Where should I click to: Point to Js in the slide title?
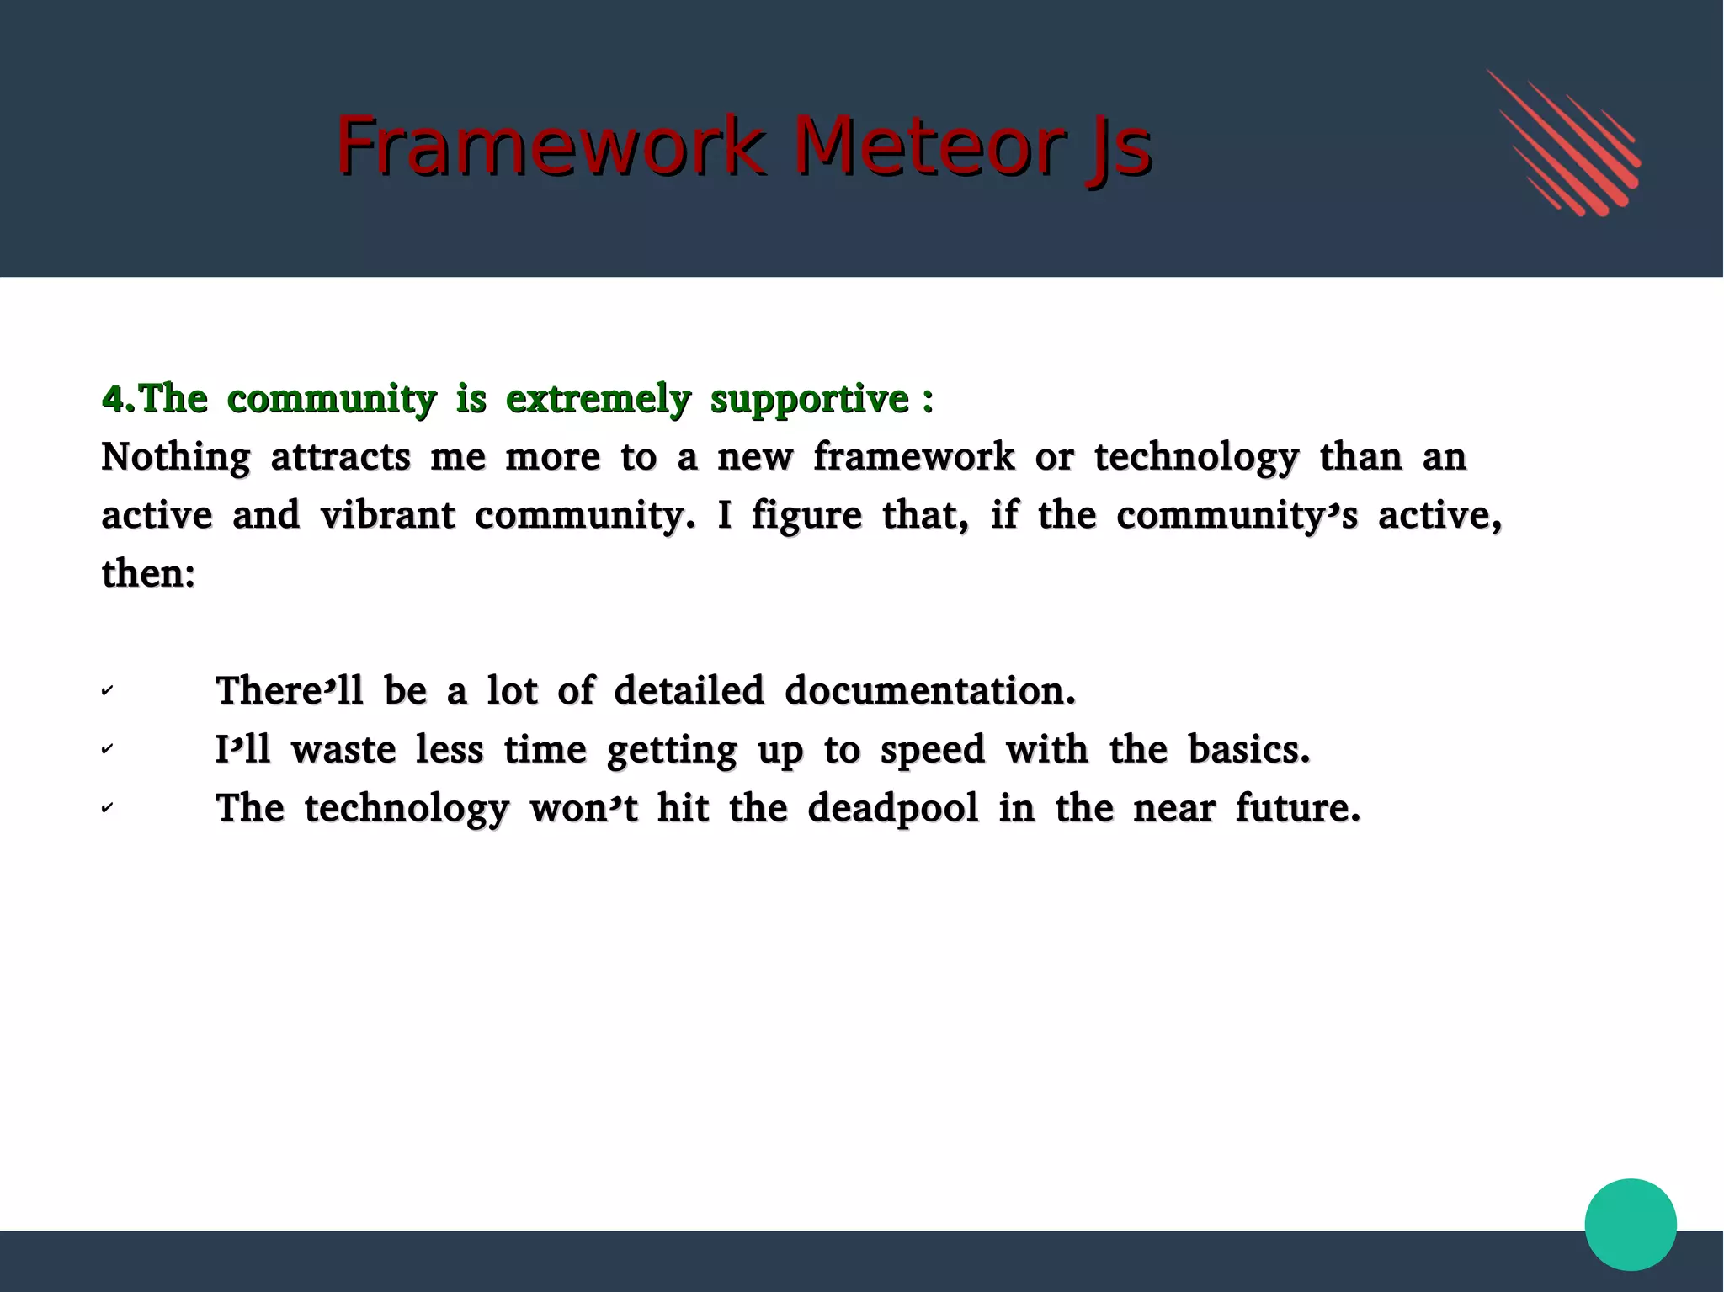(1118, 148)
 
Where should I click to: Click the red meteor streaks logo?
(1565, 143)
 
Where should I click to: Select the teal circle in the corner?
(1630, 1224)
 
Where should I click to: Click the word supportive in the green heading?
(809, 399)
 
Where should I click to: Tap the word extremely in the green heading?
(598, 399)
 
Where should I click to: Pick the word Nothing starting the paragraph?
(175, 458)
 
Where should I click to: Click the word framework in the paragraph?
(913, 457)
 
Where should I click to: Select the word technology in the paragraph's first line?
(1196, 458)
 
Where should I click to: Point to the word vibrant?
(387, 515)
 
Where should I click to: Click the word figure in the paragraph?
(806, 517)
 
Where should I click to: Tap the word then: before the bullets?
(148, 574)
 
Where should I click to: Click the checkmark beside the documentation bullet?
(107, 691)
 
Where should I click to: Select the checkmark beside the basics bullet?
(107, 749)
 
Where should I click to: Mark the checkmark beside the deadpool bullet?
(107, 808)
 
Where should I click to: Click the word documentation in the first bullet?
(929, 691)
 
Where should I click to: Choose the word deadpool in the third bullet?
(892, 809)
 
